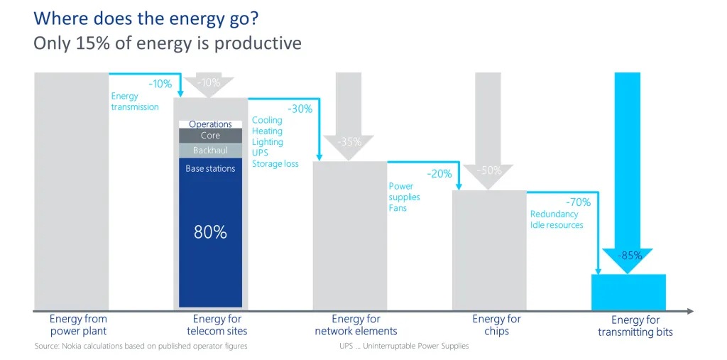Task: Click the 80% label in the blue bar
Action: point(210,232)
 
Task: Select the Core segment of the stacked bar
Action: point(210,136)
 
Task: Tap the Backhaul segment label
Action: point(210,151)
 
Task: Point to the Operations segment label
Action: point(210,124)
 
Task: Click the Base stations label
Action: point(210,169)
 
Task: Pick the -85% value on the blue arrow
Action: point(629,256)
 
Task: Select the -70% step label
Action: point(578,202)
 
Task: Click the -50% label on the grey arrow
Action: point(489,170)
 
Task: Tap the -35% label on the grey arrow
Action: point(349,141)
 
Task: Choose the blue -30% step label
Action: point(300,109)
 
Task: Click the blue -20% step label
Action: point(439,174)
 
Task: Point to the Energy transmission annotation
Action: point(135,102)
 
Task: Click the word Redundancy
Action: point(554,214)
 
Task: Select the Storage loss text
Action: point(275,164)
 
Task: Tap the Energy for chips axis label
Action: point(496,325)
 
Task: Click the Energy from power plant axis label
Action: point(78,325)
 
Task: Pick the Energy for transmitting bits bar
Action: point(628,292)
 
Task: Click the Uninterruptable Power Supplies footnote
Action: point(404,347)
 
